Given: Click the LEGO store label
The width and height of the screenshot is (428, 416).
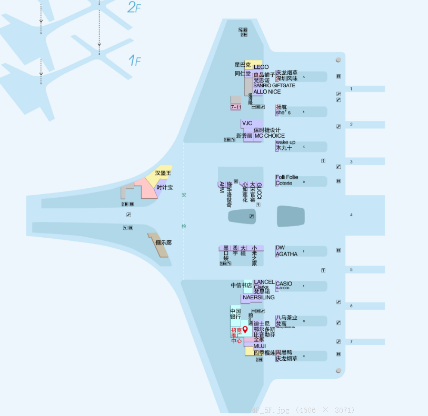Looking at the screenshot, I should pyautogui.click(x=261, y=67).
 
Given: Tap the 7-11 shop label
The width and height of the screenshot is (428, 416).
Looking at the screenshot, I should pyautogui.click(x=235, y=107).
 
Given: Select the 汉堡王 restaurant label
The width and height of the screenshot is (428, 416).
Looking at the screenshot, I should pyautogui.click(x=163, y=173).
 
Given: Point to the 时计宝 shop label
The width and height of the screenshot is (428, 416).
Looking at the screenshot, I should pyautogui.click(x=164, y=187).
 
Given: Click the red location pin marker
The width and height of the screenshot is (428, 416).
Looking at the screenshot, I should pyautogui.click(x=245, y=330).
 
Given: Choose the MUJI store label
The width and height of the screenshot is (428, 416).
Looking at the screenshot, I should pyautogui.click(x=260, y=347).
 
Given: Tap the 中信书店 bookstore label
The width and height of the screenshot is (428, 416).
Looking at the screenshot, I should pyautogui.click(x=241, y=286).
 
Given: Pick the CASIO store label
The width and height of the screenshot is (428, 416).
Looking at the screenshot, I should pyautogui.click(x=284, y=284).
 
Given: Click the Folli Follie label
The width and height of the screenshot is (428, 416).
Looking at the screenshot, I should pyautogui.click(x=287, y=177).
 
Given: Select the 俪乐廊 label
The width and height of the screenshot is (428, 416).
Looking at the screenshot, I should pyautogui.click(x=163, y=242).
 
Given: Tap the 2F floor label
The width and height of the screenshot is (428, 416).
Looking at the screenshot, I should pyautogui.click(x=134, y=7).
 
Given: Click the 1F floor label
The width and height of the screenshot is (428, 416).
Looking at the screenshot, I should pyautogui.click(x=134, y=61).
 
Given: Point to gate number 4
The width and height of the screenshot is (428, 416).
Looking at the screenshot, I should pyautogui.click(x=351, y=215).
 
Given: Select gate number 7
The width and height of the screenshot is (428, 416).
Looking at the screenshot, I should pyautogui.click(x=351, y=342).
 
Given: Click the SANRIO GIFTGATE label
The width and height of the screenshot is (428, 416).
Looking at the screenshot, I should pyautogui.click(x=274, y=86).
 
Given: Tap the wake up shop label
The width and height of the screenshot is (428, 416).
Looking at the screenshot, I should pyautogui.click(x=285, y=143).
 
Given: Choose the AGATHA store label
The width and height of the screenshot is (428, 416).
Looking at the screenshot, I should pyautogui.click(x=287, y=254).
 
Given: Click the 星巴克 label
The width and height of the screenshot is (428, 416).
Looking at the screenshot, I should pyautogui.click(x=243, y=65).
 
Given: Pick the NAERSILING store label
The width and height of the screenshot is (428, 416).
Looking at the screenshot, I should pyautogui.click(x=258, y=298).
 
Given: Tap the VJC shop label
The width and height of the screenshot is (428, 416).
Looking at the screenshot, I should pyautogui.click(x=247, y=124).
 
